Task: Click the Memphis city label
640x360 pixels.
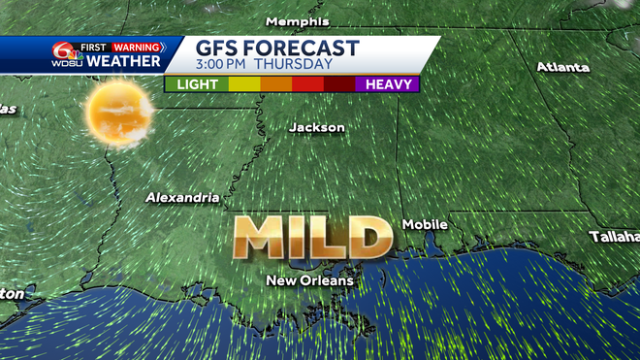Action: pyautogui.click(x=297, y=21)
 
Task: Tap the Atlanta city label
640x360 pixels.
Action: pyautogui.click(x=562, y=67)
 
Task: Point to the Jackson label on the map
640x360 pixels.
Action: pyautogui.click(x=316, y=127)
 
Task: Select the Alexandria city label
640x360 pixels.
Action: pyautogui.click(x=182, y=197)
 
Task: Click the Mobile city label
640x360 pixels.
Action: pyautogui.click(x=425, y=224)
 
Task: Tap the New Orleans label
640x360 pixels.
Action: pyautogui.click(x=310, y=280)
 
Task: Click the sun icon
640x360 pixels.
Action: pyautogui.click(x=118, y=112)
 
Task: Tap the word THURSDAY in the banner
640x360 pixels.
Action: pyautogui.click(x=298, y=66)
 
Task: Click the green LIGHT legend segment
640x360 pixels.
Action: pyautogui.click(x=195, y=84)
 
